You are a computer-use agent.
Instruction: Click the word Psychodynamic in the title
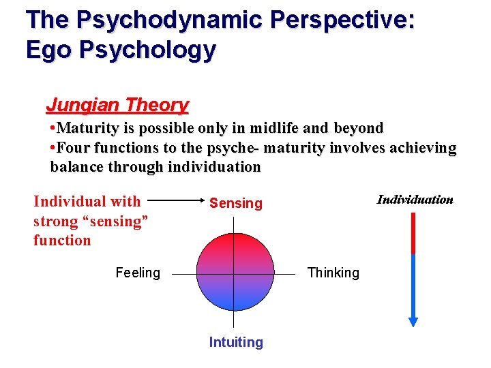click(169, 20)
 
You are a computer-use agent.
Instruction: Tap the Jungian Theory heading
click(117, 105)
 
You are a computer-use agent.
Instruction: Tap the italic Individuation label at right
click(415, 200)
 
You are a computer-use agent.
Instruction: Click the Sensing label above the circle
click(235, 203)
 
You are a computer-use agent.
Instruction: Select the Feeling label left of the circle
click(138, 273)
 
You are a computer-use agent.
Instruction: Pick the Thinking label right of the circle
click(333, 273)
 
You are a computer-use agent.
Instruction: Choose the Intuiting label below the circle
click(236, 342)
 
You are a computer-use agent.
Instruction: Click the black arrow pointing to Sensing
click(177, 202)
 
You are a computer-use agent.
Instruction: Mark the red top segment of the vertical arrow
click(413, 233)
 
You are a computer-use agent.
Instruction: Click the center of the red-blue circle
click(235, 273)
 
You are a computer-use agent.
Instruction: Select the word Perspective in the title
click(342, 20)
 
